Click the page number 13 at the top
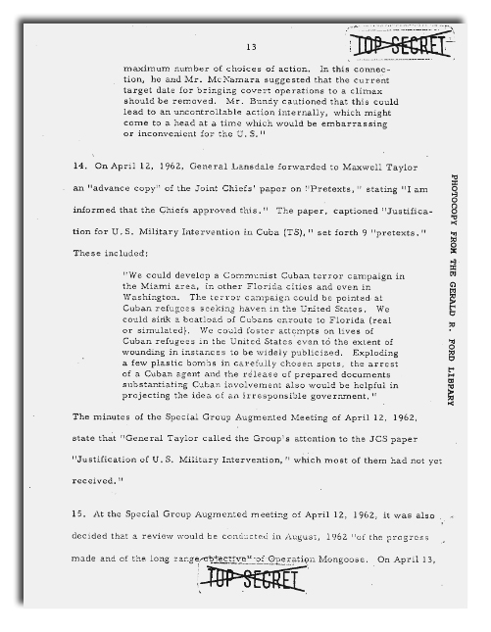pos(252,46)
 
